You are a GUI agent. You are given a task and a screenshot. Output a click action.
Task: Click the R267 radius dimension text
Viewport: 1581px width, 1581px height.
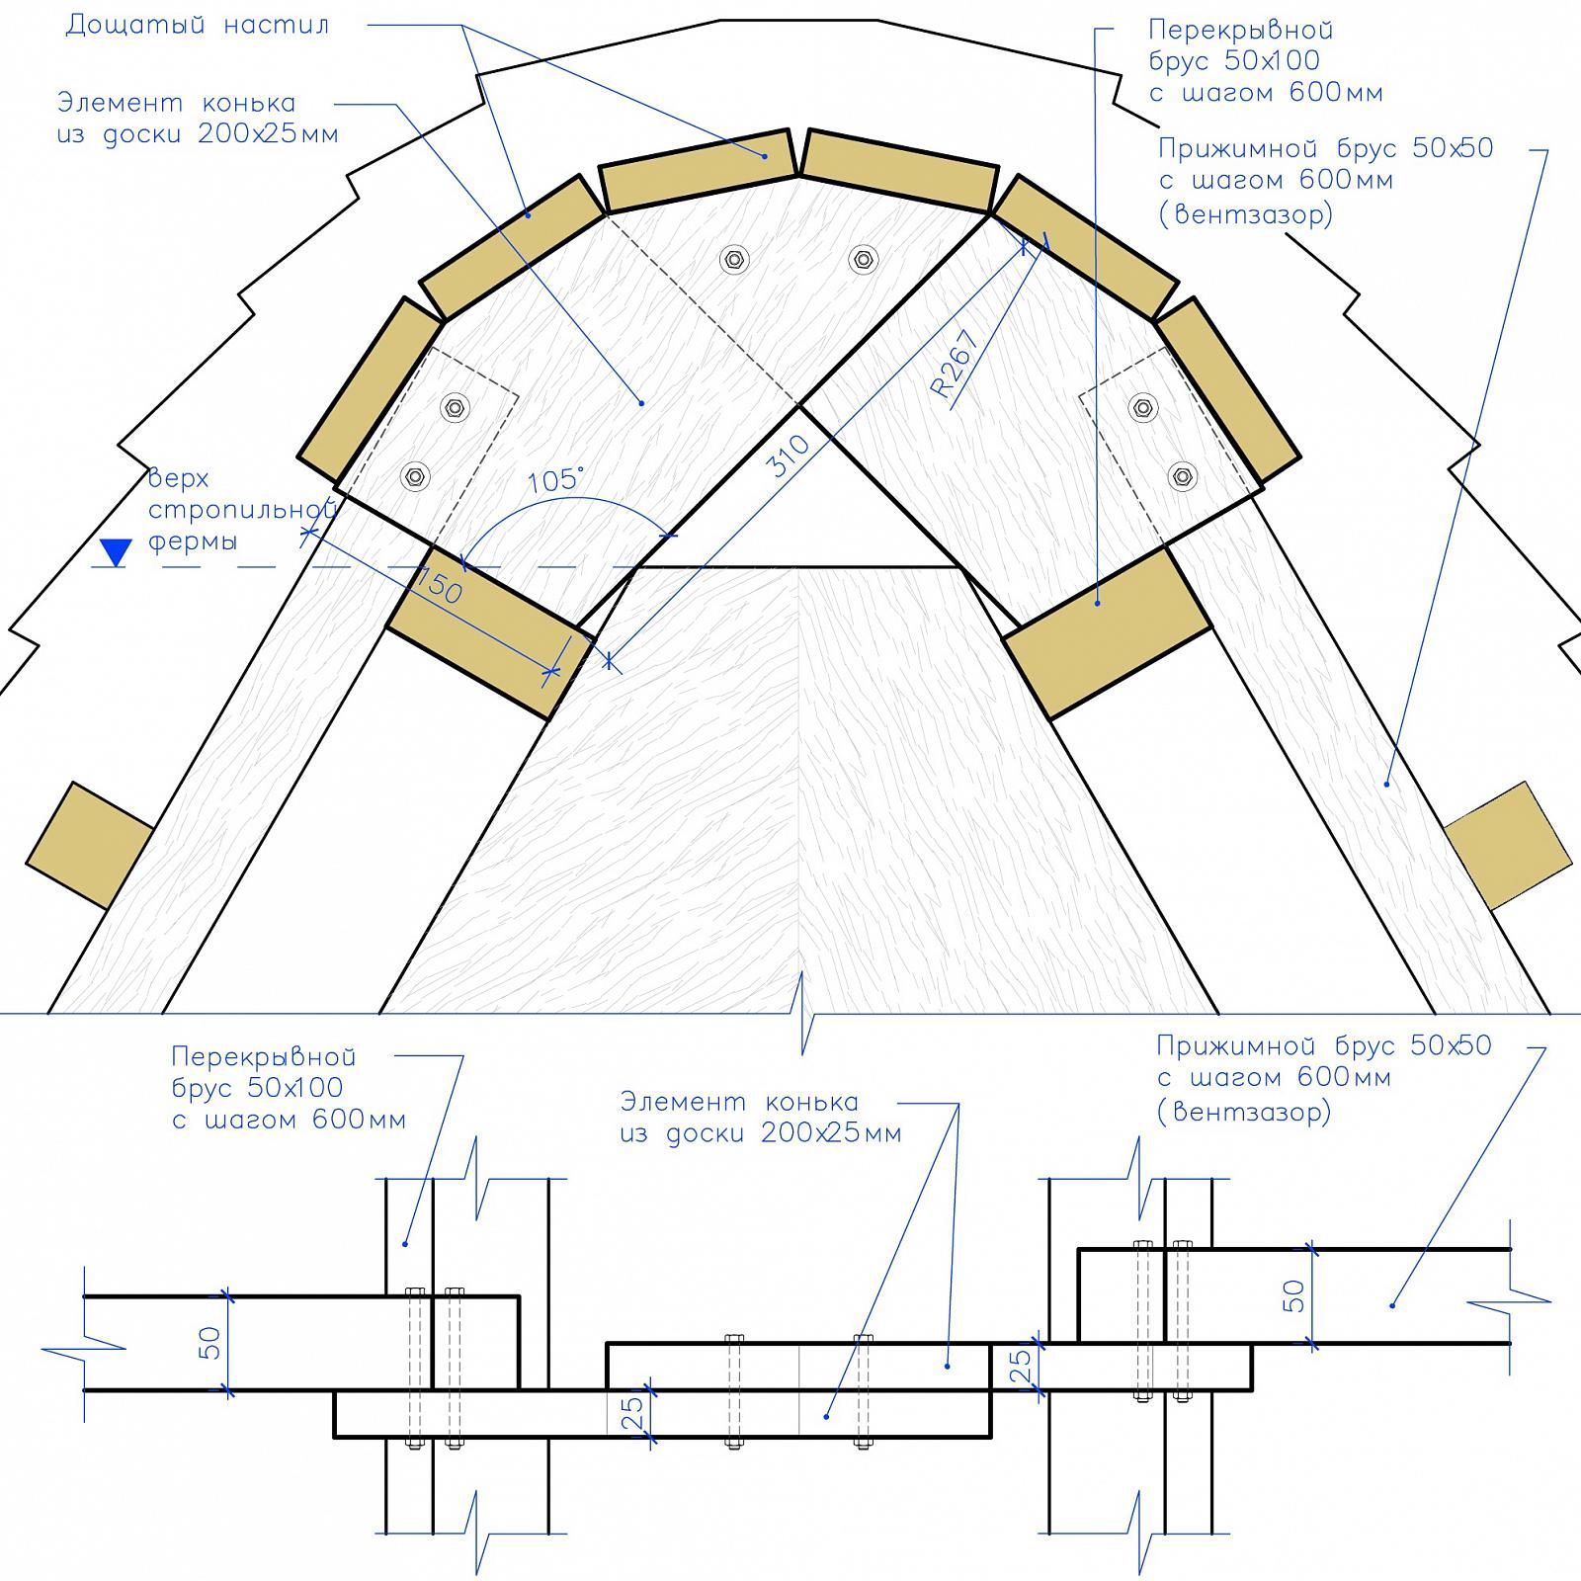[956, 363]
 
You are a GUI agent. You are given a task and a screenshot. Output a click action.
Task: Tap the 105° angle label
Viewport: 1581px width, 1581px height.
[556, 480]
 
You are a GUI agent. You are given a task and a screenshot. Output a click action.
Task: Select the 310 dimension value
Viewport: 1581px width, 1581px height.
[789, 457]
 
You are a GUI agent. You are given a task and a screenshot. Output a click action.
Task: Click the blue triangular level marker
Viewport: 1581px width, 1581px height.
[117, 552]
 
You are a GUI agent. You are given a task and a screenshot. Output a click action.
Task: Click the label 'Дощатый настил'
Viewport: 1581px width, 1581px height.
[198, 25]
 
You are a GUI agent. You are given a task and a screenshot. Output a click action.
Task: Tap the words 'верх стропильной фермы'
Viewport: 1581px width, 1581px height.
[243, 510]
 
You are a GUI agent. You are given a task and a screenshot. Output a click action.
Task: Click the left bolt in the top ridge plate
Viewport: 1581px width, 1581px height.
[734, 260]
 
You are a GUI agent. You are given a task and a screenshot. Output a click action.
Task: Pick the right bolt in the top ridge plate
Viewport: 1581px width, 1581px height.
[863, 260]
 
